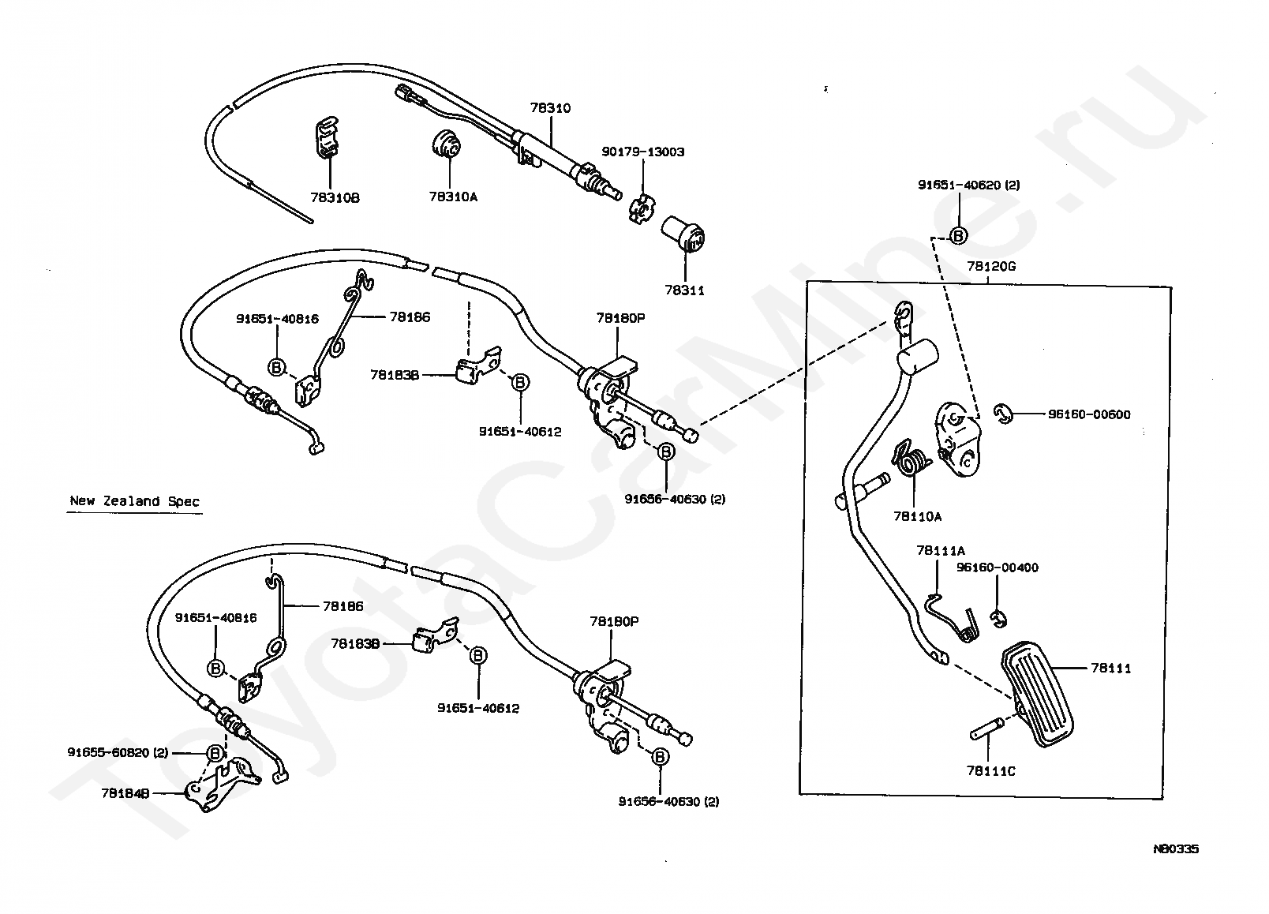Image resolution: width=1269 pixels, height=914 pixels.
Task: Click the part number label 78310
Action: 550,108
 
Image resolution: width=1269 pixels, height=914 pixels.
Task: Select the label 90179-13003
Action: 643,152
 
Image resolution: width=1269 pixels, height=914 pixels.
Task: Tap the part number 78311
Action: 684,290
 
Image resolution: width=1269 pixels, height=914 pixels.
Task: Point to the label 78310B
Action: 335,198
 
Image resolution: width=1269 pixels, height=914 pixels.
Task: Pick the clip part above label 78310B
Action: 326,137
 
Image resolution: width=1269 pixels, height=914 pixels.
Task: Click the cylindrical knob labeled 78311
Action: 683,234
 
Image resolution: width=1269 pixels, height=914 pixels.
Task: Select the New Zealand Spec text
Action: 134,501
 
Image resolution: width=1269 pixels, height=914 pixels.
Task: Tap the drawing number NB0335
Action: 1176,848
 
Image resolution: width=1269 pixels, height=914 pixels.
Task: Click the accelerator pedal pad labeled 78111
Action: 1037,694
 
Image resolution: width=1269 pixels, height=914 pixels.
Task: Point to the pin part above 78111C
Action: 986,729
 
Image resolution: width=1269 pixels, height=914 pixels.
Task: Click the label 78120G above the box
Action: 991,266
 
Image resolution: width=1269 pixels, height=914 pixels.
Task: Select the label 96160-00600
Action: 1089,415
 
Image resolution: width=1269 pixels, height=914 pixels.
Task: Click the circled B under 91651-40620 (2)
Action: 958,235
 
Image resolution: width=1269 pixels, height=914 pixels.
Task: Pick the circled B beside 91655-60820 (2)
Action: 215,754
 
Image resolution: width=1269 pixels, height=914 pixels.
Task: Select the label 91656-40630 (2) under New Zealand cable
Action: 668,802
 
